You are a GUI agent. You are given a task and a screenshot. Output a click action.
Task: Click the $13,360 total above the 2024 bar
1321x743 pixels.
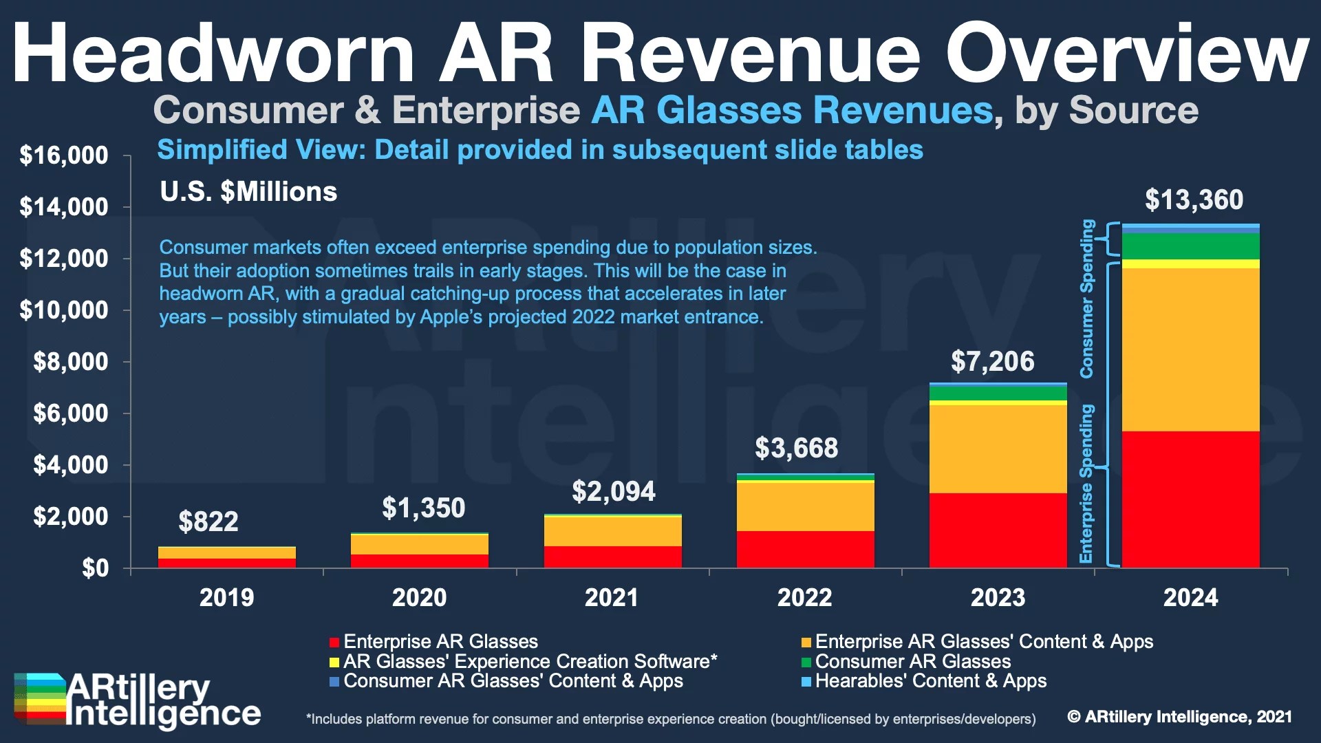pos(1194,200)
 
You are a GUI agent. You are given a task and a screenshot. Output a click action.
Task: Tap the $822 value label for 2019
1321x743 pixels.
pos(208,521)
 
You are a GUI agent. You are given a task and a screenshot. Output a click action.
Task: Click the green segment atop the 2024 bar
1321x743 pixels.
pos(1190,246)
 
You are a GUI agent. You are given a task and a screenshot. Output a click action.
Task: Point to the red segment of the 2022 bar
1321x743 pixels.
pos(805,549)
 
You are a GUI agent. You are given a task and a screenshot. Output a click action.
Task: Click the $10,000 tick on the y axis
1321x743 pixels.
pos(64,310)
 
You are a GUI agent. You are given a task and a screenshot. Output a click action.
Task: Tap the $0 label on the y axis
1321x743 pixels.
pos(95,568)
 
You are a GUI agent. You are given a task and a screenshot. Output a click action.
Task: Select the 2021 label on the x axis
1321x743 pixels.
pos(612,597)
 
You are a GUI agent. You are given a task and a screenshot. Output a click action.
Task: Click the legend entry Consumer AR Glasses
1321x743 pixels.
pos(912,662)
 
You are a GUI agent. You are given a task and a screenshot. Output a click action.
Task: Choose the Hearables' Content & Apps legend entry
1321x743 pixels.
pos(930,681)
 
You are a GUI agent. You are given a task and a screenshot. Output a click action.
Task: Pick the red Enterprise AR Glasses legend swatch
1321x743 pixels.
pos(334,643)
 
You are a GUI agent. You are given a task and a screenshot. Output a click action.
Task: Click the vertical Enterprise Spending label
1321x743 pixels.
pos(1086,483)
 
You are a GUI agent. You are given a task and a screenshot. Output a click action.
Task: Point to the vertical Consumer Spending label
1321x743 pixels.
pos(1086,299)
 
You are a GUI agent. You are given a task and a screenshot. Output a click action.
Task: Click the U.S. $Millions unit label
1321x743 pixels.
pos(248,192)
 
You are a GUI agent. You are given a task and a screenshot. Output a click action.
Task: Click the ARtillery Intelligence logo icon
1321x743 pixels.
pos(40,698)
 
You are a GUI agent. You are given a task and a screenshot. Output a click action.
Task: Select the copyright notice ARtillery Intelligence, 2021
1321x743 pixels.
pos(1179,717)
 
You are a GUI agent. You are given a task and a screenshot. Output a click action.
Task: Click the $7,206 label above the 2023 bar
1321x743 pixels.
pos(992,362)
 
